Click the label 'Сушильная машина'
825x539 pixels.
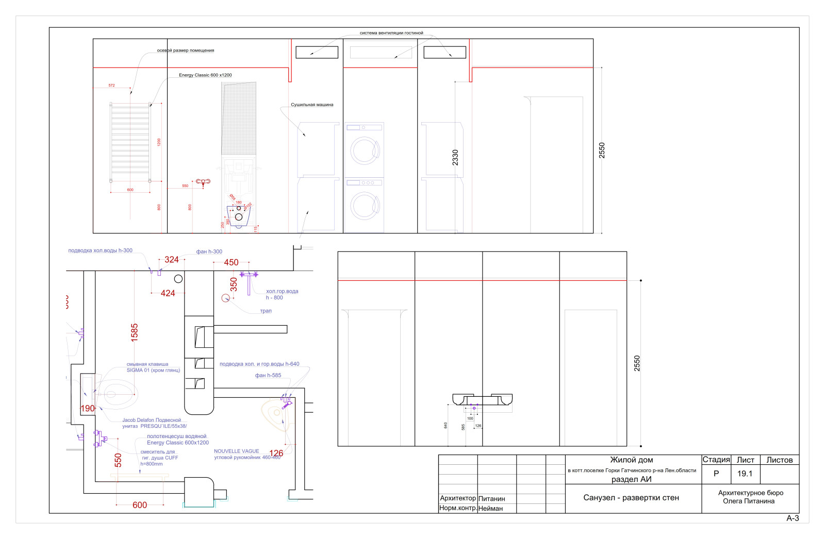tap(312, 105)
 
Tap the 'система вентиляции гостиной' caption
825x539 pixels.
tap(391, 33)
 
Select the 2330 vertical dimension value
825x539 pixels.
tap(455, 157)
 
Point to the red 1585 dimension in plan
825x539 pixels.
tap(135, 332)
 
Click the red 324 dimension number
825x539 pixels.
tap(172, 260)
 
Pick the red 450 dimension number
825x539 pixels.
tap(231, 262)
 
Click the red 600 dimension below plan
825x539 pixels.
tap(140, 505)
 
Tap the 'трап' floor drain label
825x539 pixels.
tap(266, 311)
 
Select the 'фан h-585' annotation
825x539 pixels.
tap(268, 375)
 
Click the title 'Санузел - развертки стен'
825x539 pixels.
tap(631, 498)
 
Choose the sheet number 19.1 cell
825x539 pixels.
tap(745, 474)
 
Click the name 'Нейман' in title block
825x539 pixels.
tap(490, 509)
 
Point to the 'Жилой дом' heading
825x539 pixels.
tap(632, 460)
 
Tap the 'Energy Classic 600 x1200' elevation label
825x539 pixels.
tap(205, 75)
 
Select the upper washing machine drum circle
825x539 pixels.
tap(365, 149)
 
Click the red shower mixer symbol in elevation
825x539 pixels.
tap(203, 182)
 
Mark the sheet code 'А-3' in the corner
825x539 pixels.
tap(793, 518)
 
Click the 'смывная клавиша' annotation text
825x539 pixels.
tap(147, 364)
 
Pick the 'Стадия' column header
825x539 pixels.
tap(716, 460)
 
